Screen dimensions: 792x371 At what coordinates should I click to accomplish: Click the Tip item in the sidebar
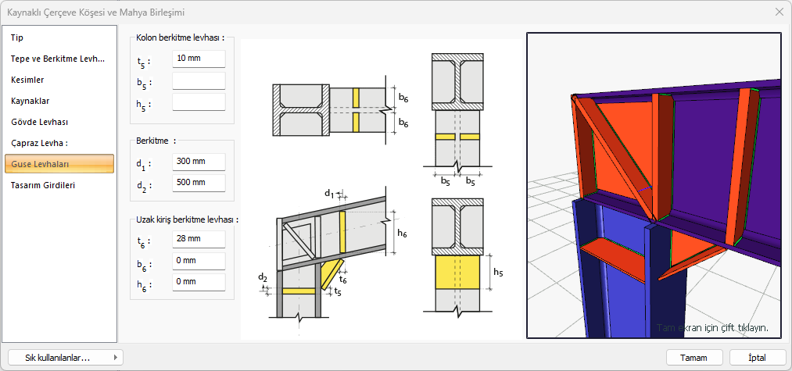pos(17,37)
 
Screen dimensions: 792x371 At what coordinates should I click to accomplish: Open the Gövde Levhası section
pos(39,122)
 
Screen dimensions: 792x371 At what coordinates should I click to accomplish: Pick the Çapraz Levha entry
pos(39,144)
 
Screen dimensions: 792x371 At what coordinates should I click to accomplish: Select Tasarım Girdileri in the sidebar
pos(43,185)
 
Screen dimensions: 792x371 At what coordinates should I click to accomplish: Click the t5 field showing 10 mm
pos(199,59)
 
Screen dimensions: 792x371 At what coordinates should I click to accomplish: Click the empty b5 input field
pos(199,80)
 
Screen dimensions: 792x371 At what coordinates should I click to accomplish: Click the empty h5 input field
pos(199,102)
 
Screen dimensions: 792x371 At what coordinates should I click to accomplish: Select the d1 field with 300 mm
pos(199,162)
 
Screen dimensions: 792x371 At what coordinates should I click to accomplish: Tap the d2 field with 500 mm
pos(199,183)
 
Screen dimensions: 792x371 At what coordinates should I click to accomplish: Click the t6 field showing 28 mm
pos(199,239)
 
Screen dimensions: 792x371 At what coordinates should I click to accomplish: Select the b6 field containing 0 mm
pos(199,261)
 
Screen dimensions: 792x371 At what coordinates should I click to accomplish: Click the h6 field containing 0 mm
pos(199,282)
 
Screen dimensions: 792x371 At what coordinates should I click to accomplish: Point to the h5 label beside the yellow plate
pos(498,273)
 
